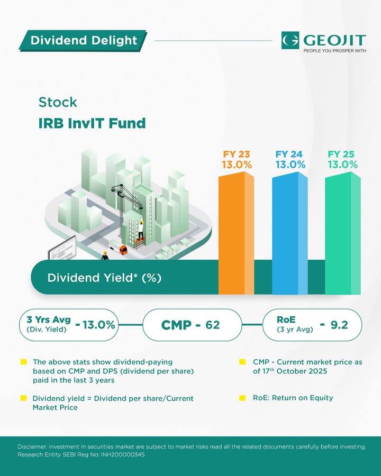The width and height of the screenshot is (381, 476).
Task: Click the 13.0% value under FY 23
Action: pos(237,164)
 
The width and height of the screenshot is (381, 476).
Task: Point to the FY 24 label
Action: pos(289,154)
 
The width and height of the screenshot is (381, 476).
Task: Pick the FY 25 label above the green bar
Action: pos(341,154)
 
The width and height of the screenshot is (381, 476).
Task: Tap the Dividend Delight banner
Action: pos(83,40)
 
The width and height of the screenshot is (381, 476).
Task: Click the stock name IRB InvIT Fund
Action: pos(92,123)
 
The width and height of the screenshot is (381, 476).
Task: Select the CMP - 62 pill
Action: pos(190,324)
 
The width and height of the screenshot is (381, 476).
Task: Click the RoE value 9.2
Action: pos(339,324)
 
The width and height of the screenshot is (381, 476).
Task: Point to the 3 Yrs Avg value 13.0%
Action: pos(95,325)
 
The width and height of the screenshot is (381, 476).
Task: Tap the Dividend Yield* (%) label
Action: pos(104,278)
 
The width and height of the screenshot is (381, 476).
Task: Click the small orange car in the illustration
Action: pos(124,249)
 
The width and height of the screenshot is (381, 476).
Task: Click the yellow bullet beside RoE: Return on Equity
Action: pos(242,398)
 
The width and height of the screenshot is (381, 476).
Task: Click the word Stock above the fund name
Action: pos(58,102)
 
